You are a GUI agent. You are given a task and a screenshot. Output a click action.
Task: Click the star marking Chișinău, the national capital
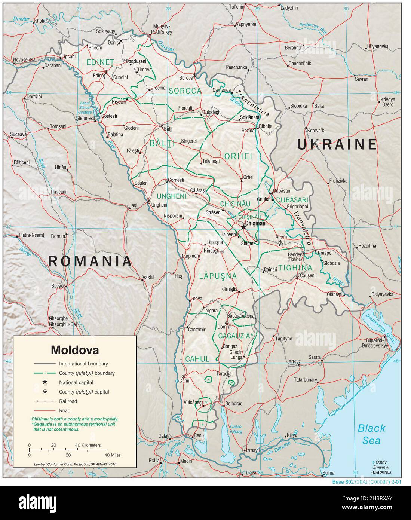click(244, 226)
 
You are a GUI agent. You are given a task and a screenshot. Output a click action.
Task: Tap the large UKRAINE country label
click(337, 144)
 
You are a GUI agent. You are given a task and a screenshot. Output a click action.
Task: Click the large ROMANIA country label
click(90, 261)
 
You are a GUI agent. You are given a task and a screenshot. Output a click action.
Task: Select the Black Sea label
click(371, 434)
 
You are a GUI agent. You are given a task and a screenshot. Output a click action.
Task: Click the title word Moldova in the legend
click(75, 351)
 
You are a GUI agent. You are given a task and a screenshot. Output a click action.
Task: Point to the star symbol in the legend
click(45, 382)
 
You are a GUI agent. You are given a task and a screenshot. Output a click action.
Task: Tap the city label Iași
click(134, 205)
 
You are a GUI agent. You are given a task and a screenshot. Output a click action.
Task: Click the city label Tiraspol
click(325, 253)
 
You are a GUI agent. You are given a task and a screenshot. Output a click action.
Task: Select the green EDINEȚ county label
click(100, 62)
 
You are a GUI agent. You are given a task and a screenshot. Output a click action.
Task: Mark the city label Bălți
click(168, 129)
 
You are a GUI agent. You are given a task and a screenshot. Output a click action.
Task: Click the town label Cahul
click(185, 381)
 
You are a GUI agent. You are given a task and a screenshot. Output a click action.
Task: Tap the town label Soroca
click(186, 78)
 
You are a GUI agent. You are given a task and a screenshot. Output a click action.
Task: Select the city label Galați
click(163, 436)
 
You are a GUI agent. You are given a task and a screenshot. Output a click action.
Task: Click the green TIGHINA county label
click(295, 267)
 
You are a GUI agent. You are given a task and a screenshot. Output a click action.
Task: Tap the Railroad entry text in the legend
click(68, 401)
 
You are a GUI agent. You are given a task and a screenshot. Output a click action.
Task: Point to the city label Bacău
click(57, 286)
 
